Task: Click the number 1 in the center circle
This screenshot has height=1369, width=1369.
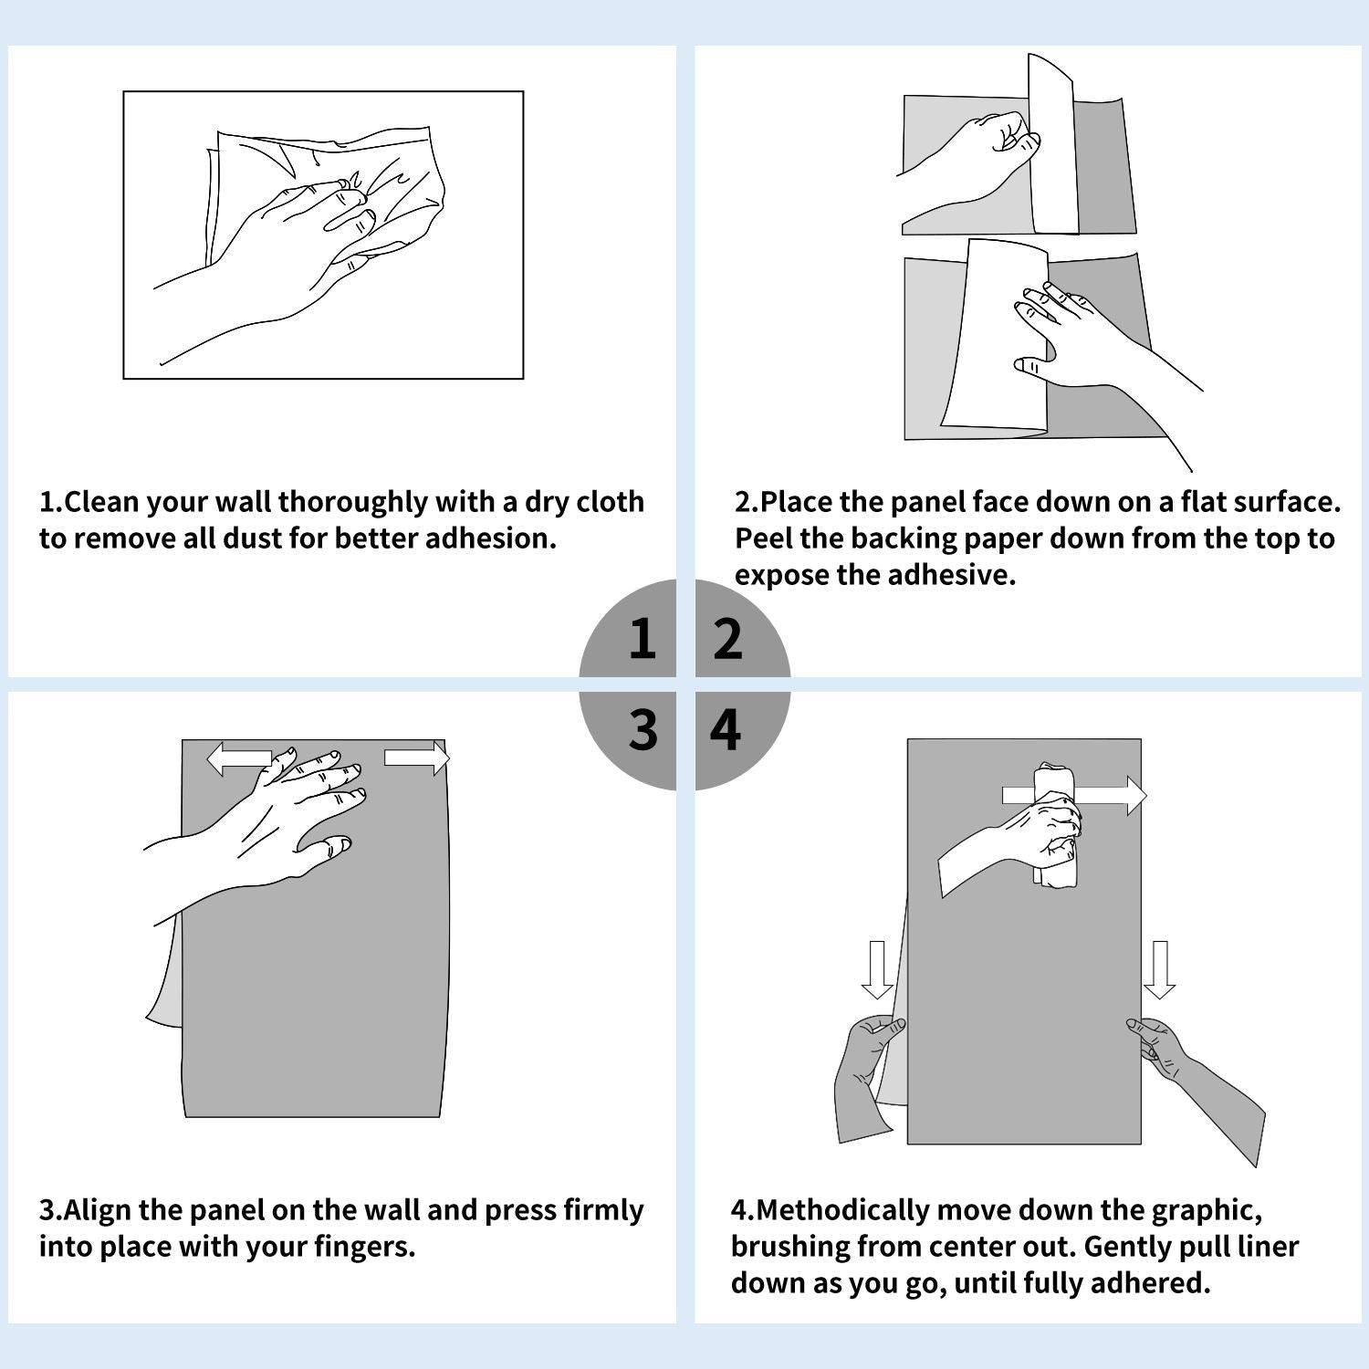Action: [x=643, y=638]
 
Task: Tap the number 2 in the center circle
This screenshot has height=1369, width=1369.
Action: [x=727, y=638]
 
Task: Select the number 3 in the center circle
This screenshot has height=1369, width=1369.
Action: [x=643, y=729]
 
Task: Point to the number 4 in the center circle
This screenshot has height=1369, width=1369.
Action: [x=726, y=729]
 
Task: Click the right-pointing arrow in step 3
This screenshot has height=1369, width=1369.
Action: [x=417, y=758]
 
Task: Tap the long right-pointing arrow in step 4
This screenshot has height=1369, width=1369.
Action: [x=1074, y=796]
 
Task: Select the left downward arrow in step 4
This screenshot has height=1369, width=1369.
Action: [x=877, y=970]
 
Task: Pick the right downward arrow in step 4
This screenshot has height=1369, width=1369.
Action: [x=1160, y=970]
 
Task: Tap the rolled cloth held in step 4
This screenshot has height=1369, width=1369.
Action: [x=1056, y=824]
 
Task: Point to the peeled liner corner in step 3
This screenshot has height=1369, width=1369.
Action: [x=164, y=977]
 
